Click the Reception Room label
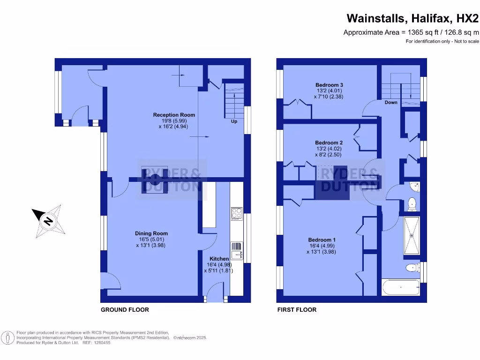point(174,115)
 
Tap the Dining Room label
point(151,233)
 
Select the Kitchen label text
point(219,259)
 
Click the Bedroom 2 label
point(329,142)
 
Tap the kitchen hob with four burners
point(236,214)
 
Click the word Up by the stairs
point(234,121)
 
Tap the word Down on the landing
point(391,102)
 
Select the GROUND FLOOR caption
point(125,310)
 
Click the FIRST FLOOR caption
point(297,310)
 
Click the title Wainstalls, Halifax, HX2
point(412,18)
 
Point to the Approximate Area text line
point(411,32)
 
